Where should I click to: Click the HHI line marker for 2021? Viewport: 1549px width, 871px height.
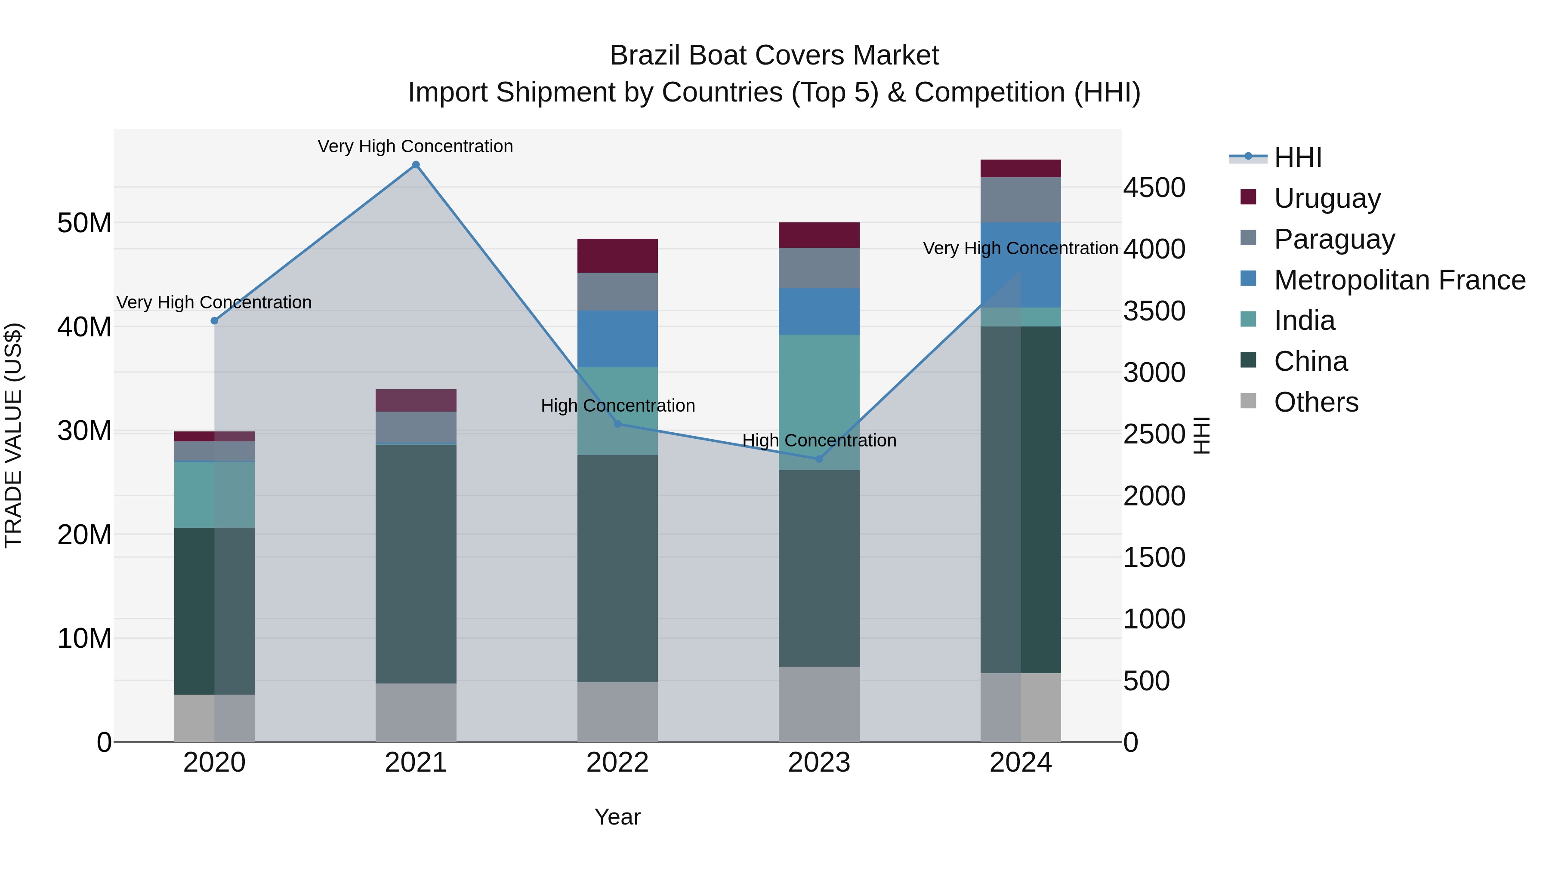pyautogui.click(x=416, y=165)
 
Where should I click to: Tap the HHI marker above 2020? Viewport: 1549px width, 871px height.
pyautogui.click(x=214, y=320)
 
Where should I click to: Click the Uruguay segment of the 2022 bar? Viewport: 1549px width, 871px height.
pyautogui.click(x=617, y=255)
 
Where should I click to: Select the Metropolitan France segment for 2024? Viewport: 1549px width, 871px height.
pyautogui.click(x=1021, y=265)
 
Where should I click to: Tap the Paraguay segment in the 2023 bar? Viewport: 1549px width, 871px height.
pyautogui.click(x=818, y=268)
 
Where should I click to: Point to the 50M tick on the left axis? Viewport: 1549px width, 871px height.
pyautogui.click(x=84, y=223)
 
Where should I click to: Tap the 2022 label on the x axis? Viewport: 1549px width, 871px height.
pyautogui.click(x=617, y=763)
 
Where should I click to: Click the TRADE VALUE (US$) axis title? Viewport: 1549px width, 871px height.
pyautogui.click(x=14, y=435)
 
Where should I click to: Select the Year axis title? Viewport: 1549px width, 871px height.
pyautogui.click(x=617, y=817)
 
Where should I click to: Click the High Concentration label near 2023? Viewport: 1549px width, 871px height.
pyautogui.click(x=818, y=440)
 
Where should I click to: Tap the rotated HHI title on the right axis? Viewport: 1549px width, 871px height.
pyautogui.click(x=1201, y=435)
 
